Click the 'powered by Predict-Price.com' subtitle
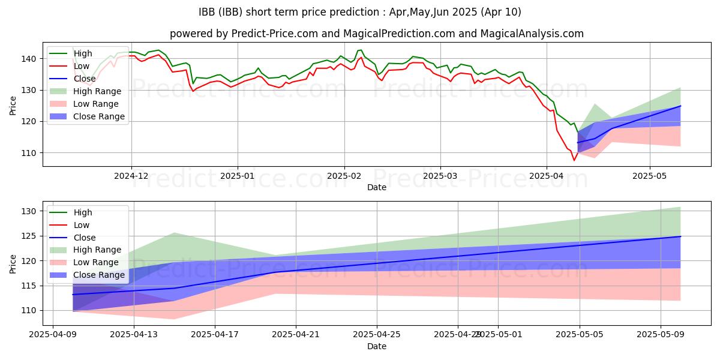point(376,34)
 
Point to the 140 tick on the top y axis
point(31,59)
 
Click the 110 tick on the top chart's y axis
point(31,153)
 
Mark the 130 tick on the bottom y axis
point(31,211)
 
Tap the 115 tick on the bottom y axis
point(31,286)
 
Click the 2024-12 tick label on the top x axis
point(131,176)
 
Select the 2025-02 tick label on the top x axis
point(344,176)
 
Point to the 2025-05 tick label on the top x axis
point(649,176)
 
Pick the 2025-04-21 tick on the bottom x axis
point(296,335)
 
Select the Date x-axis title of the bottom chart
point(376,347)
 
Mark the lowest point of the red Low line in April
point(574,160)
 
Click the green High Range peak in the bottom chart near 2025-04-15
point(174,233)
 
